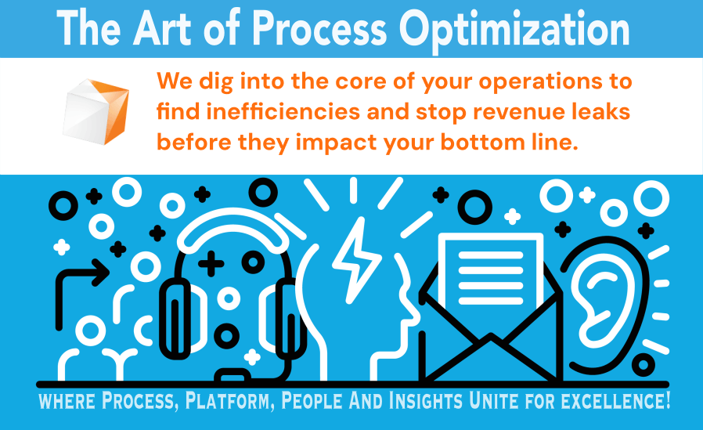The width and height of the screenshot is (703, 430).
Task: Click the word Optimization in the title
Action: pyautogui.click(x=514, y=31)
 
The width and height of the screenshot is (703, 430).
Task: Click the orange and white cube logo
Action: pyautogui.click(x=96, y=112)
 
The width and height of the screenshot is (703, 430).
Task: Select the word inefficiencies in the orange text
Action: pyautogui.click(x=283, y=112)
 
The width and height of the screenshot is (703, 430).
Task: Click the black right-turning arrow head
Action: pyautogui.click(x=101, y=272)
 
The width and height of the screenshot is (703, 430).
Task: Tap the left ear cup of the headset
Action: pyautogui.click(x=175, y=317)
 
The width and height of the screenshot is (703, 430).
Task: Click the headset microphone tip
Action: pyautogui.click(x=233, y=375)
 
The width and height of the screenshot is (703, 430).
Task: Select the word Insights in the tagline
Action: pyautogui.click(x=425, y=400)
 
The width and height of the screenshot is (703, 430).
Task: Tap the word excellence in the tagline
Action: pyautogui.click(x=615, y=400)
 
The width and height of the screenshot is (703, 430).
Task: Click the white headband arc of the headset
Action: pyautogui.click(x=232, y=229)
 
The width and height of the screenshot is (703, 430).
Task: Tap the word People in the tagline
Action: pyautogui.click(x=310, y=400)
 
